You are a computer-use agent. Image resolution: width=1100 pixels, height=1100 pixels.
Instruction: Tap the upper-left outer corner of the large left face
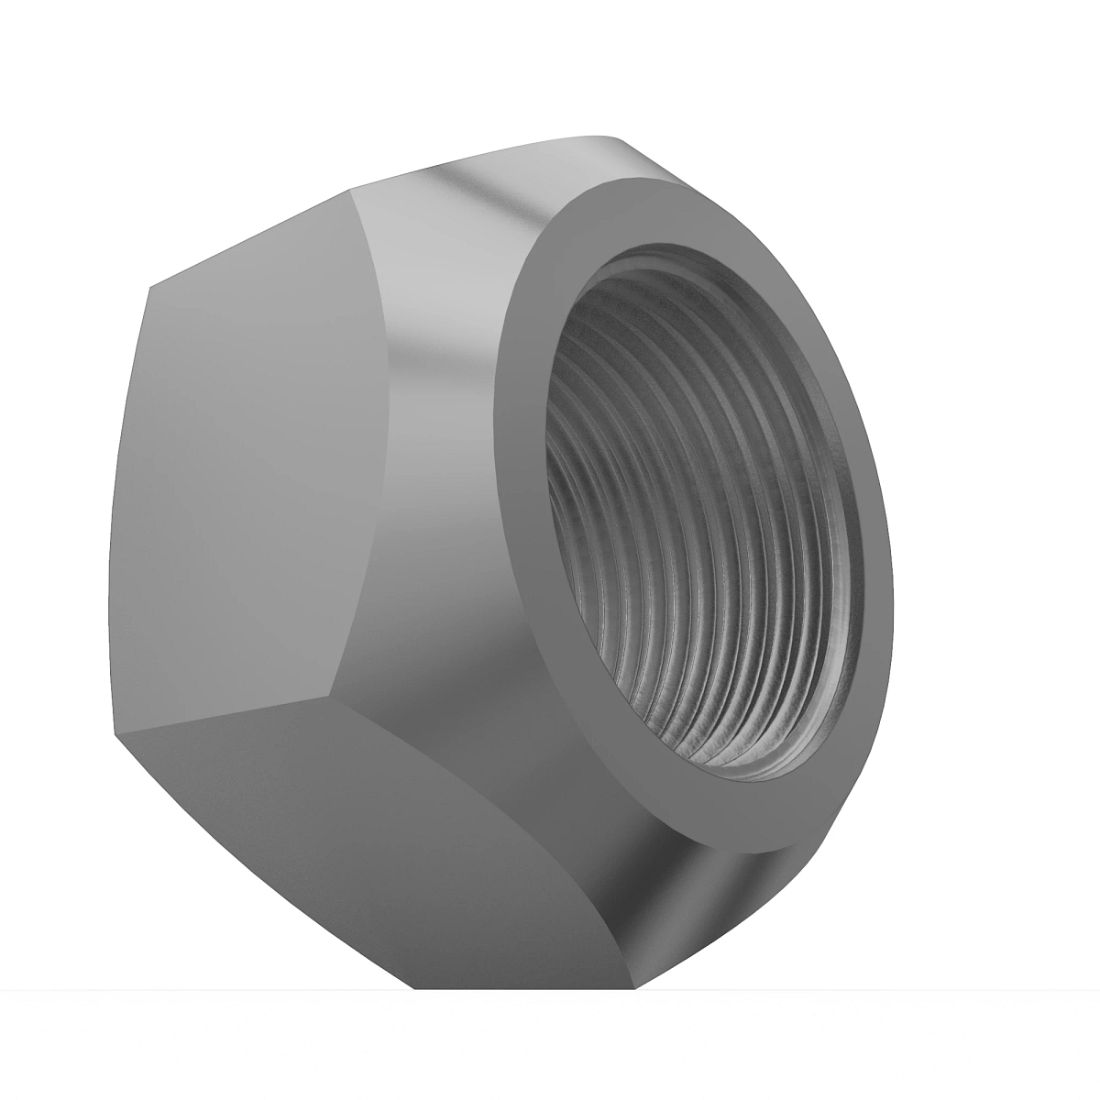click(x=148, y=286)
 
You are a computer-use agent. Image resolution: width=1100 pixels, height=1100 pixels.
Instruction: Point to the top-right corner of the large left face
click(x=350, y=191)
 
